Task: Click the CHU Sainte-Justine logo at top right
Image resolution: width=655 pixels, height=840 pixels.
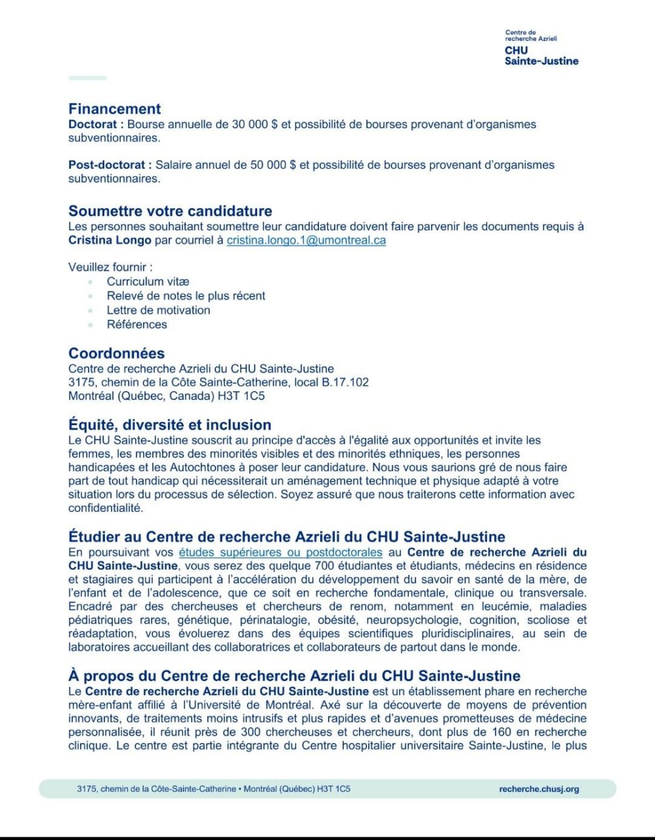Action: pyautogui.click(x=541, y=48)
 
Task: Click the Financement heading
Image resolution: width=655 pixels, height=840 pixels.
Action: pyautogui.click(x=115, y=109)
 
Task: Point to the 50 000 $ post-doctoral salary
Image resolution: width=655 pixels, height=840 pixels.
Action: pyautogui.click(x=273, y=165)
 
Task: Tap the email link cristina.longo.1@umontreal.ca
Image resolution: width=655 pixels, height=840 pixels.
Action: pyautogui.click(x=306, y=240)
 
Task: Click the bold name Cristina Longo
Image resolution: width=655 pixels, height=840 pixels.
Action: pyautogui.click(x=110, y=240)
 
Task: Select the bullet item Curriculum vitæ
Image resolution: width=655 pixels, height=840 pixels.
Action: pyautogui.click(x=148, y=282)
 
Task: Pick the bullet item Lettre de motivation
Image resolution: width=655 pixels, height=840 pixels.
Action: pyautogui.click(x=158, y=310)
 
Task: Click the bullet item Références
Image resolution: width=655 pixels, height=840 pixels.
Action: pyautogui.click(x=137, y=324)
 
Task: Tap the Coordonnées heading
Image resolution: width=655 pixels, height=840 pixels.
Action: pyautogui.click(x=116, y=353)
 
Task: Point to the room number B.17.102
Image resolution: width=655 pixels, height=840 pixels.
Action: pyautogui.click(x=345, y=382)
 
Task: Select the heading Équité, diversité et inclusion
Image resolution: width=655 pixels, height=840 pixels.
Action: pyautogui.click(x=169, y=425)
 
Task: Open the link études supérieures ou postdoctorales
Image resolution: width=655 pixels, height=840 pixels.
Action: pyautogui.click(x=280, y=553)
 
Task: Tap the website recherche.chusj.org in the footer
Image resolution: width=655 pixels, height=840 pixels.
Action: pyautogui.click(x=539, y=789)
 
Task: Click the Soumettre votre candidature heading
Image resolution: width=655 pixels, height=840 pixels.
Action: pyautogui.click(x=170, y=211)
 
